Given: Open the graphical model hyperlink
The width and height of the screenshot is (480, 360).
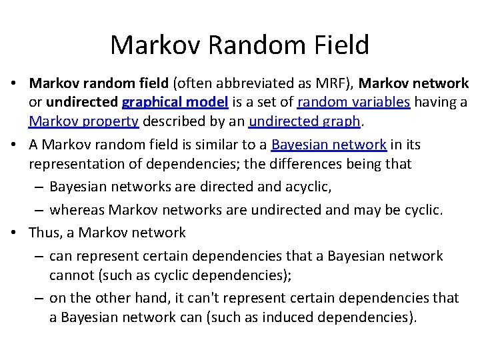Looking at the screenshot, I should click(x=175, y=102).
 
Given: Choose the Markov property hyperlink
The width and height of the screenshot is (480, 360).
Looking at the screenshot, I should click(x=83, y=121).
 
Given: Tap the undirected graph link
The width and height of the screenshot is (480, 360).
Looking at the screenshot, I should click(x=304, y=121).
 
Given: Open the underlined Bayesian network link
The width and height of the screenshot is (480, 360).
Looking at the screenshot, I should click(x=329, y=145).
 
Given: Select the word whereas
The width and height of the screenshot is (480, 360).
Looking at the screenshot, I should click(x=76, y=210).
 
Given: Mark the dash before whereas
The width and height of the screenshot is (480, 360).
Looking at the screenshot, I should click(x=39, y=211).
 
